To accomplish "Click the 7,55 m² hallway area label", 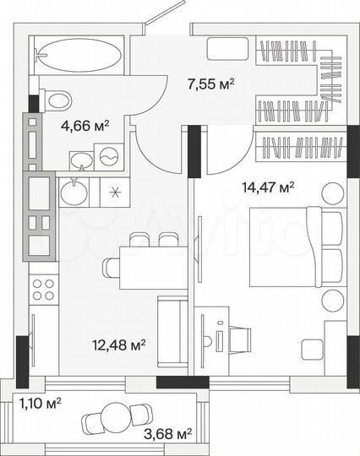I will [x=210, y=83].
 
